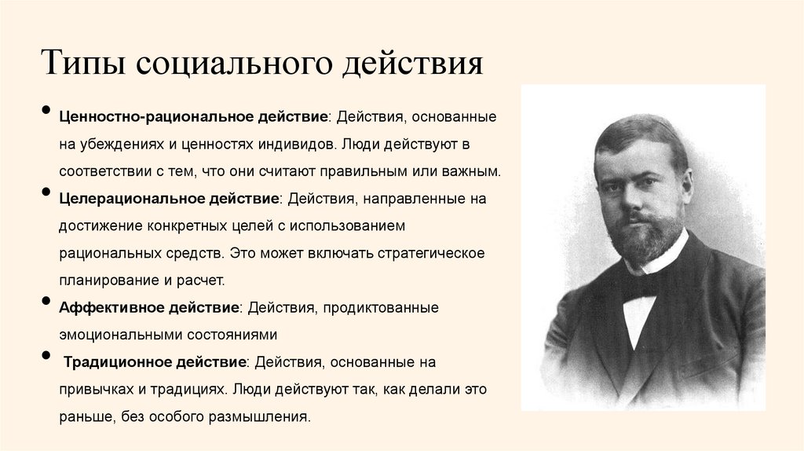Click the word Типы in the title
pos(80,62)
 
